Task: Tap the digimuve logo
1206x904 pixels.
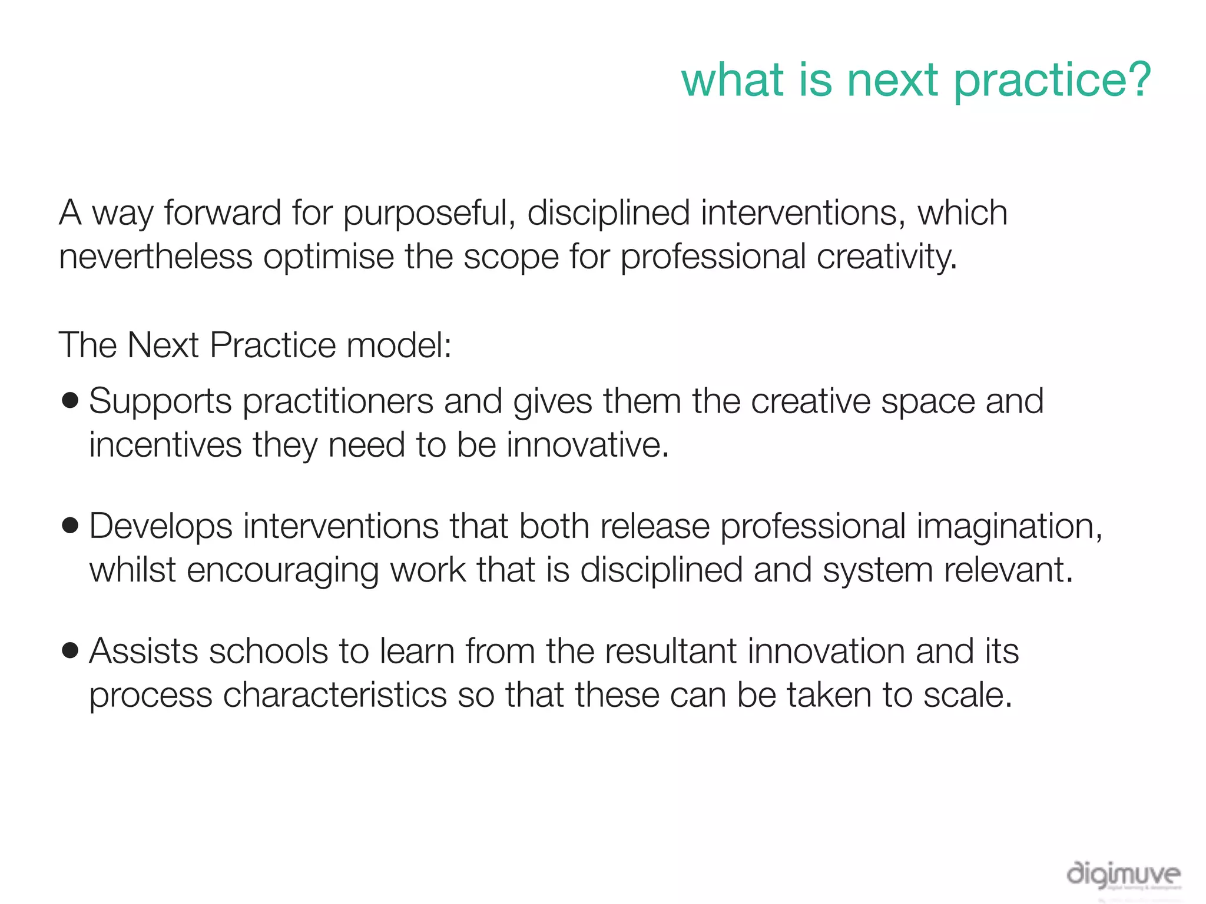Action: click(x=1123, y=876)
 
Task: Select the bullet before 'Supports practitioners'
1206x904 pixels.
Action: click(x=70, y=401)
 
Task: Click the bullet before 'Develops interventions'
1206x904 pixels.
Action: click(x=70, y=526)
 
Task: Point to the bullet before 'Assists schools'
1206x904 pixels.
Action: click(x=70, y=651)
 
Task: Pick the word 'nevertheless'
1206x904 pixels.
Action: click(x=155, y=257)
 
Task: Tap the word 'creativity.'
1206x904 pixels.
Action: click(x=887, y=257)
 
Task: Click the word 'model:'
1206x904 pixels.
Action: click(x=399, y=345)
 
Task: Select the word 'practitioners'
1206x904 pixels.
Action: click(x=337, y=402)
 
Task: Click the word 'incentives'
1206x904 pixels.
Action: click(x=165, y=445)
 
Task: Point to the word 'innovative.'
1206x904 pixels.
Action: click(x=588, y=445)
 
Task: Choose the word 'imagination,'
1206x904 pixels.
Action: click(x=1009, y=526)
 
